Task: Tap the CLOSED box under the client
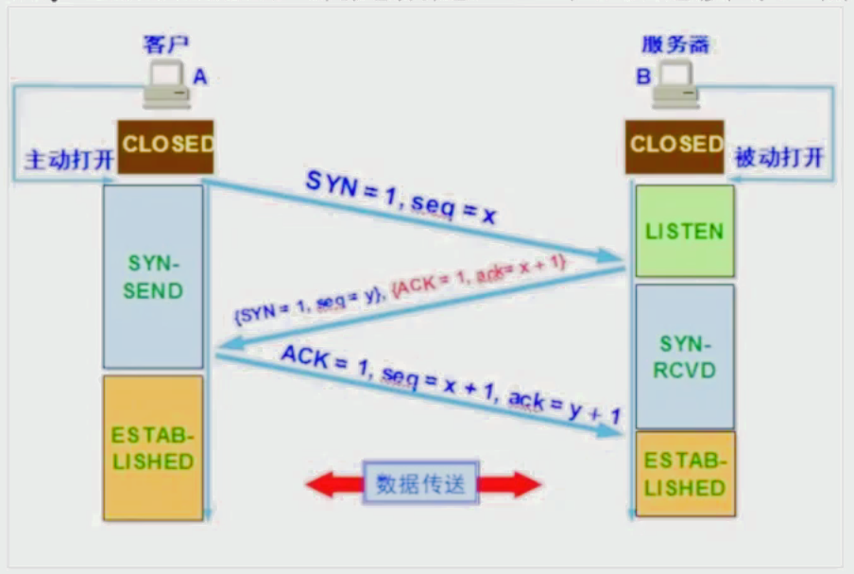(166, 146)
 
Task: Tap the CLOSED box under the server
(675, 146)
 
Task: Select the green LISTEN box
(685, 231)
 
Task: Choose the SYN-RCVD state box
(685, 356)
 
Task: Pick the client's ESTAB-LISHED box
(153, 448)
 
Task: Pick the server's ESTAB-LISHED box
(685, 474)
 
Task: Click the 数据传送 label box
(421, 484)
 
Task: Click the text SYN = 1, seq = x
(401, 199)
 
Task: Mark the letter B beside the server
(643, 76)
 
